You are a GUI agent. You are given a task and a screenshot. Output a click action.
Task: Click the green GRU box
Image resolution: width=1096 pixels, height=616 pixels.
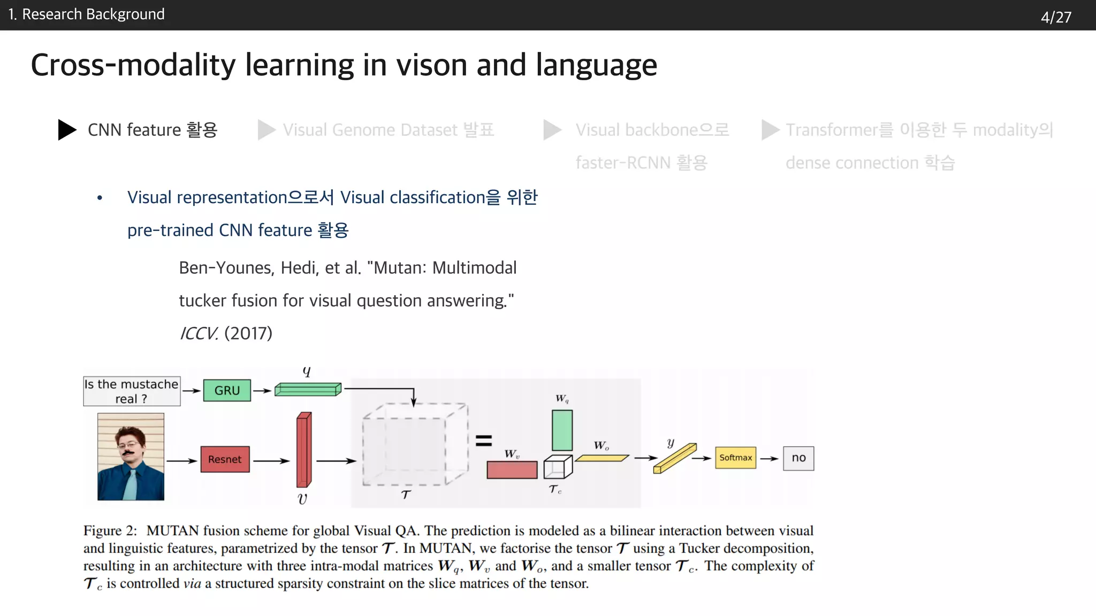point(227,391)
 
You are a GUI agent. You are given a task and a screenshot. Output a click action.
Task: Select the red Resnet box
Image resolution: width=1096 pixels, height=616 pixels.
point(225,459)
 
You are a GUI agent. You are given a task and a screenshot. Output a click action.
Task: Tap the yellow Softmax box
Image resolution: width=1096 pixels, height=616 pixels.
point(735,458)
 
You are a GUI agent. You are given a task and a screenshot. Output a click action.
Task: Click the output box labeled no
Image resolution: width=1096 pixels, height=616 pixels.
point(798,458)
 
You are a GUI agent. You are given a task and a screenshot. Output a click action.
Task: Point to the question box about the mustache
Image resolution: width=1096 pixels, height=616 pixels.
point(132,391)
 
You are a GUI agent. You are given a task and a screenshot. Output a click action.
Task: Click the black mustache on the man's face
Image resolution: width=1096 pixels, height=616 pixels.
point(128,453)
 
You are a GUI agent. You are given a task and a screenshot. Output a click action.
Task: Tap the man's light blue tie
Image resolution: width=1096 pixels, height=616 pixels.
point(130,484)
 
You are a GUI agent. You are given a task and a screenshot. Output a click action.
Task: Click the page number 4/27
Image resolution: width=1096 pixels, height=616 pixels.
point(1056,17)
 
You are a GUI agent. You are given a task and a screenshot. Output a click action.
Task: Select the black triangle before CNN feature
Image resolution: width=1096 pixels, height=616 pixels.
point(67,130)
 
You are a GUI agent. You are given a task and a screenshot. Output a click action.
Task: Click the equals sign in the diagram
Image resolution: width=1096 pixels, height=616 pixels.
point(484,441)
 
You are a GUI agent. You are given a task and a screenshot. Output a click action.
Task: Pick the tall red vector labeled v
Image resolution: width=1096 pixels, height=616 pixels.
point(303,450)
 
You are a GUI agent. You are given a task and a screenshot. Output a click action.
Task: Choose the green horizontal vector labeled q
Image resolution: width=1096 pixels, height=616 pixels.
point(308,389)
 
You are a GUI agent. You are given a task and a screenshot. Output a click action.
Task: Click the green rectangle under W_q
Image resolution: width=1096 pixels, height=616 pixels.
point(562,430)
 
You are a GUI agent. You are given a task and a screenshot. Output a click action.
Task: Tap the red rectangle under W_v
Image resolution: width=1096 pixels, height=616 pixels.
point(512,469)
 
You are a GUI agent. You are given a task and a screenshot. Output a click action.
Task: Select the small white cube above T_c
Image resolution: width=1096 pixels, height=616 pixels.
point(557,467)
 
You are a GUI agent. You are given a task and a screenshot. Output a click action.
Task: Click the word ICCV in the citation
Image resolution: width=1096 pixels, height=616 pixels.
point(199,334)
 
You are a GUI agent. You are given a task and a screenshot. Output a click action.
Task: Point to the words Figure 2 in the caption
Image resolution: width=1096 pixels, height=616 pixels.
point(110,530)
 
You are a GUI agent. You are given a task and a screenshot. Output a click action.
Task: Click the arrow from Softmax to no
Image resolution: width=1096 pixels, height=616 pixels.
point(769,458)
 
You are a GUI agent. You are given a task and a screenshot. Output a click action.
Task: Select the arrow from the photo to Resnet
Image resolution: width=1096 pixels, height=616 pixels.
point(182,460)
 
